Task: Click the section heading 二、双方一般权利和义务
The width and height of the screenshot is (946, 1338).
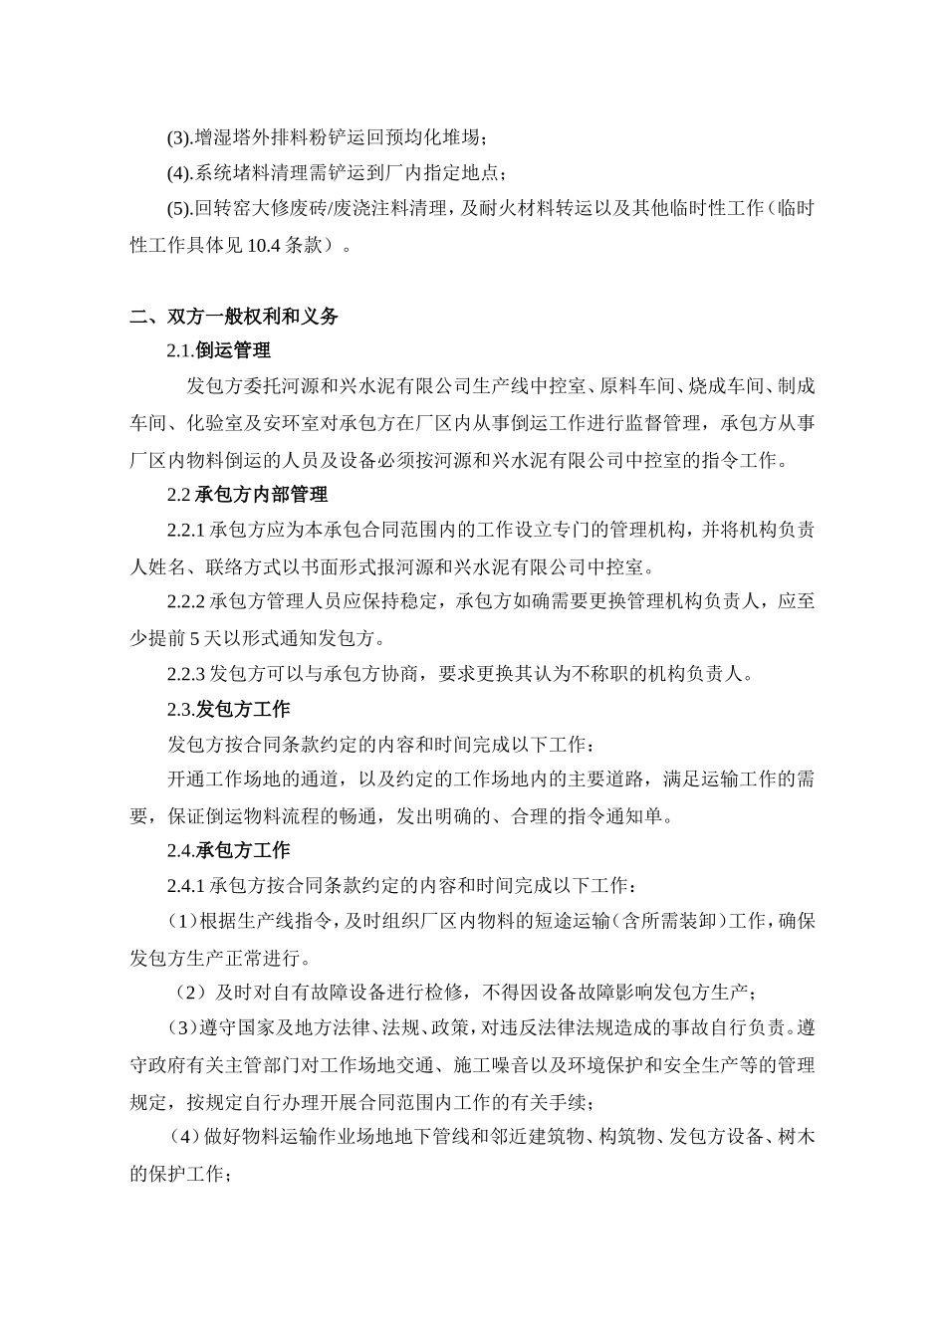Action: [235, 318]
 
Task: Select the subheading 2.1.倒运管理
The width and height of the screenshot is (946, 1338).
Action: [218, 350]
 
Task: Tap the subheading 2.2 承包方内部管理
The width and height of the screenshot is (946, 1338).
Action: [247, 494]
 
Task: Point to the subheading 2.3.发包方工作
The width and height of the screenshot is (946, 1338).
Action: [228, 709]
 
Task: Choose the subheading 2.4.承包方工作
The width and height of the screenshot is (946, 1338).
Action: [228, 851]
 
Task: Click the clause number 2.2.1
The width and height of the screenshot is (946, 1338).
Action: [186, 530]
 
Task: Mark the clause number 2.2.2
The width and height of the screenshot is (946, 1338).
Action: [186, 601]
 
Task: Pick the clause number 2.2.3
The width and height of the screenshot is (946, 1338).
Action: [186, 674]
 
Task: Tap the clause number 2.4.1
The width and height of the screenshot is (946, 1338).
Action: [186, 885]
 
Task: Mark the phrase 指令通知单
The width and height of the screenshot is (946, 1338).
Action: [622, 816]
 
